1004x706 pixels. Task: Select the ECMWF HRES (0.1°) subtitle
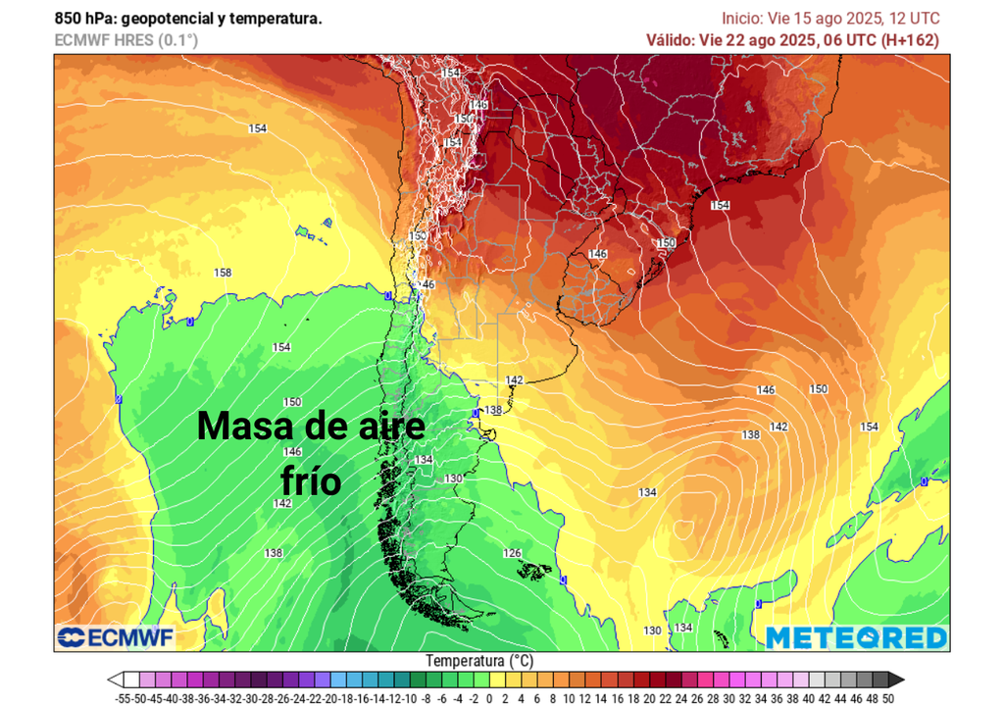pos(126,40)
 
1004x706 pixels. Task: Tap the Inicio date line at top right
pos(830,19)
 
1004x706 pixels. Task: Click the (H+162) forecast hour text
pos(908,40)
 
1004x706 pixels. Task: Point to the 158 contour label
pos(223,273)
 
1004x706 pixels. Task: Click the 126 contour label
pos(512,553)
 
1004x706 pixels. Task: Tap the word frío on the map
pos(311,481)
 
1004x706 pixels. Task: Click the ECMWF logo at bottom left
pos(116,638)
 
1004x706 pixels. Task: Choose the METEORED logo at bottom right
pos(856,637)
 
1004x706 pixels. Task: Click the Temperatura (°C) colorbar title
pos(479,660)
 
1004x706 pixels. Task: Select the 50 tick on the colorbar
pos(887,697)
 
